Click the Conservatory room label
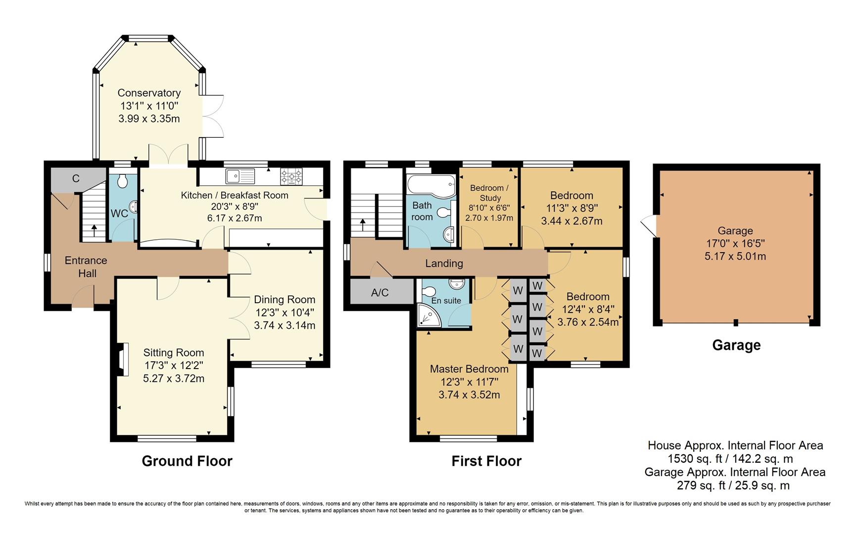point(149,93)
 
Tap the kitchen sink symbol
point(239,175)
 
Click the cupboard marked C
point(76,179)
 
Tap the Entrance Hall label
point(86,267)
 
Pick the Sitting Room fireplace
point(122,359)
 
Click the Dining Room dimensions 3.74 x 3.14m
point(285,325)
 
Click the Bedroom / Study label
point(490,193)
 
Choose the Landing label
point(444,264)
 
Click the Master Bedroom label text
point(469,369)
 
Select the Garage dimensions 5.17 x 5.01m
point(735,256)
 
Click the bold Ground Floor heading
point(187,461)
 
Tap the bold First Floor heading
point(486,461)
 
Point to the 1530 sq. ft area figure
point(694,459)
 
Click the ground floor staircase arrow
point(94,232)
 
